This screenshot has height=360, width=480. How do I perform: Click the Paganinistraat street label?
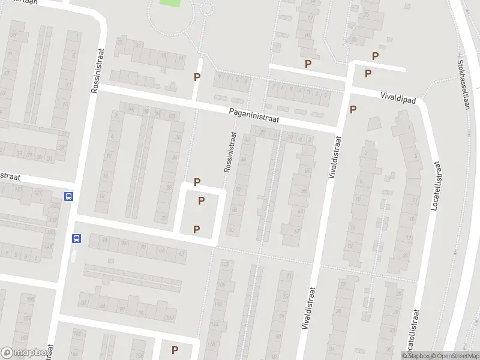(254, 115)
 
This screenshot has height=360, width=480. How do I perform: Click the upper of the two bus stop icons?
(68, 196)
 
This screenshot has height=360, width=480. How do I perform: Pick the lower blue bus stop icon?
(76, 238)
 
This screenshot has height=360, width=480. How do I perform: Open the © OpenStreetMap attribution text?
(455, 356)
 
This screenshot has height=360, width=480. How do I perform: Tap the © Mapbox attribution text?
(416, 356)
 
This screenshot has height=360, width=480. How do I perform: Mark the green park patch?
(170, 3)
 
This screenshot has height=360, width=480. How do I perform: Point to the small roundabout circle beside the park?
(208, 8)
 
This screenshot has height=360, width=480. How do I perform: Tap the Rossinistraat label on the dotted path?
(230, 152)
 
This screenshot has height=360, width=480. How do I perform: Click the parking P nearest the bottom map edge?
(175, 350)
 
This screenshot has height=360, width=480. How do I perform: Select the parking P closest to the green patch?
(197, 77)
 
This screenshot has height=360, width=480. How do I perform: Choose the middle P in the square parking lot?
(202, 200)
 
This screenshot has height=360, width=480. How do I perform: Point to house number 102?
(225, 263)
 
